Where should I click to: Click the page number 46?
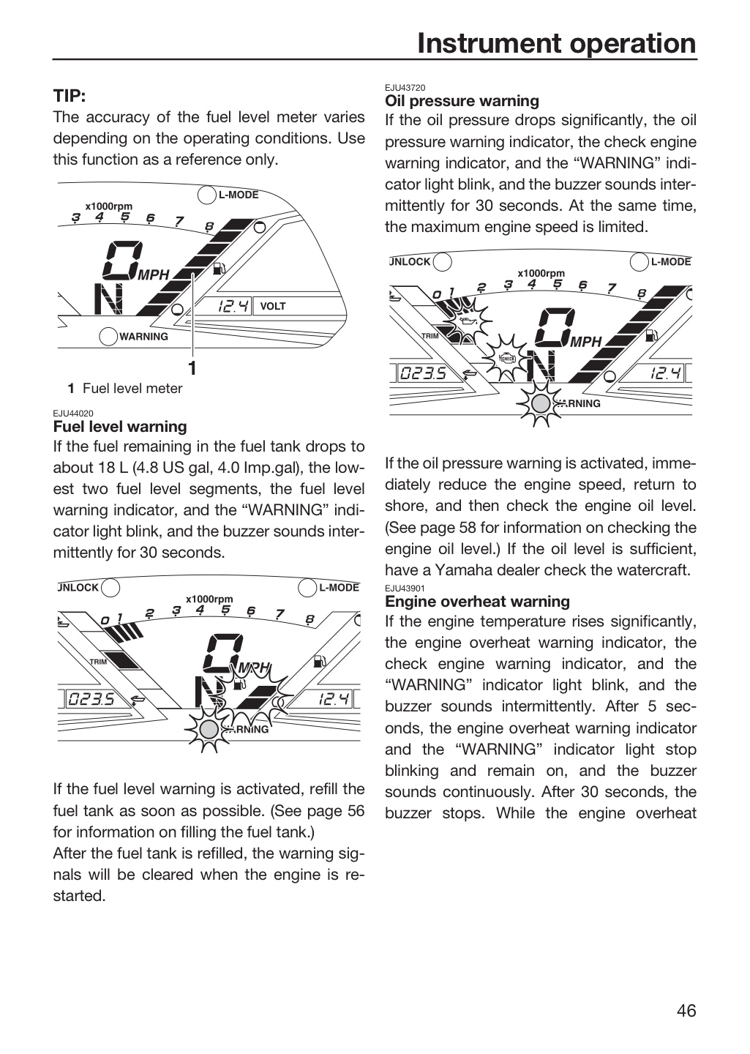point(686,1011)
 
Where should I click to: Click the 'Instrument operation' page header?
point(557,43)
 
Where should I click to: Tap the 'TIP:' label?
point(70,96)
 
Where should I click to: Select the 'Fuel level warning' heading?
point(120,427)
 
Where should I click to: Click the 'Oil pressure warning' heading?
point(462,101)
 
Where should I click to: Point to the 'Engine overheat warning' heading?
point(477,602)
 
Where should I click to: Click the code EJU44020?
point(73,413)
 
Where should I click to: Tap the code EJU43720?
point(405,88)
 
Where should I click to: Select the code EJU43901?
point(405,588)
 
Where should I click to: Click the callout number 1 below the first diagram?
point(192,368)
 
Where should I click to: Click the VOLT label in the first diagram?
point(272,306)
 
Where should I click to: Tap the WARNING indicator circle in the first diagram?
point(108,337)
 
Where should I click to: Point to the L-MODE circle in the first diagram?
point(206,195)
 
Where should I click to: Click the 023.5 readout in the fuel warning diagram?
point(91,700)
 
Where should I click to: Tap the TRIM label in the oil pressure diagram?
point(430,336)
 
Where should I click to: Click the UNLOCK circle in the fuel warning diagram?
point(110,587)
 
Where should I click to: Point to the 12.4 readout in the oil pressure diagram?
point(665,374)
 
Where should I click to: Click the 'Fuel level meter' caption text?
point(132,389)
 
